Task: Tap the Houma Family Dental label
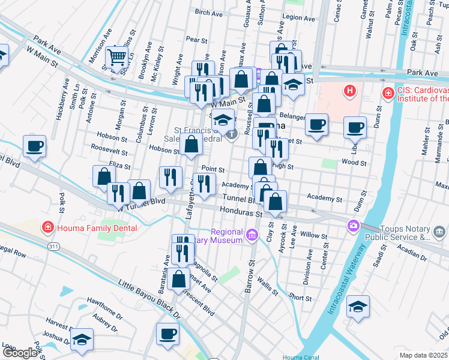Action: tap(96, 228)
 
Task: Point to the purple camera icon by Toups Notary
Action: tap(354, 226)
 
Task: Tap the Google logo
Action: tap(19, 353)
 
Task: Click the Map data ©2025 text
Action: tap(424, 355)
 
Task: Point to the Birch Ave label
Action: tap(209, 12)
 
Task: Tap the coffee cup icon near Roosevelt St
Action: tap(35, 146)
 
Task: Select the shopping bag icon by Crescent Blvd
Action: tap(179, 279)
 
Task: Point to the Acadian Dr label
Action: tap(412, 253)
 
